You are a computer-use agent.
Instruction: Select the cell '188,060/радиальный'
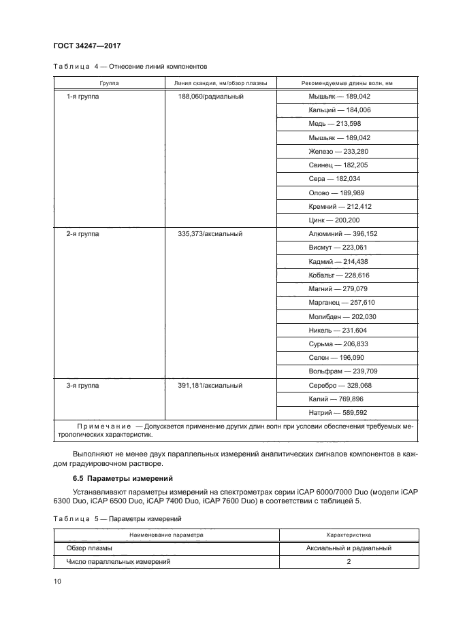click(x=210, y=97)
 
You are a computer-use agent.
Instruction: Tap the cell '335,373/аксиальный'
click(x=210, y=234)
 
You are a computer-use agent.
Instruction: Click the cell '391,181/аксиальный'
click(x=210, y=386)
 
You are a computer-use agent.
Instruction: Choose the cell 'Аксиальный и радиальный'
click(x=349, y=548)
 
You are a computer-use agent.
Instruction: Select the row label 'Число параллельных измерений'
click(x=118, y=562)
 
